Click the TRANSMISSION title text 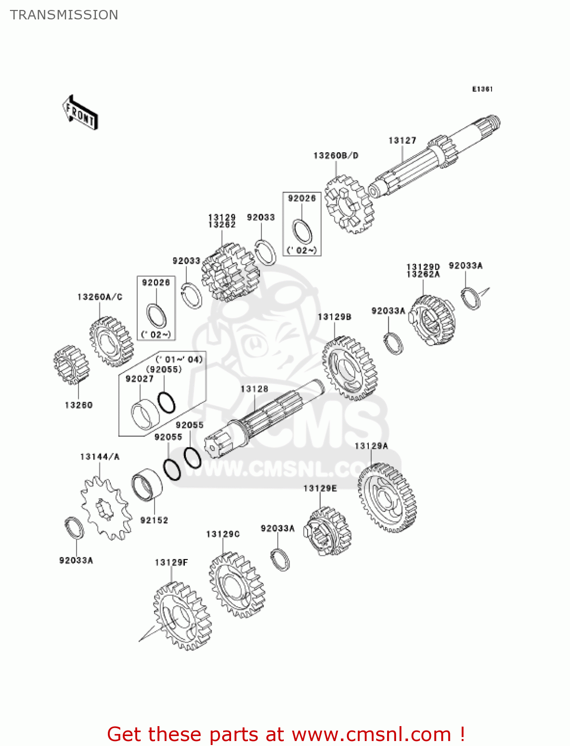tap(64, 15)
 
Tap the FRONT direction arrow tap(80, 113)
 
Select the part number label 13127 tap(402, 141)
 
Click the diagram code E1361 tap(482, 89)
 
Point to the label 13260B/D tap(335, 156)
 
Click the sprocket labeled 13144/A tap(106, 508)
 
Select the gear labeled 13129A tap(387, 497)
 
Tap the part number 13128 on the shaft tap(254, 389)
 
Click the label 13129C tap(223, 534)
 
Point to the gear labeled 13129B tap(349, 368)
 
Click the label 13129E tap(320, 488)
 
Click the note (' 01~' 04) tap(179, 360)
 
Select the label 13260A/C tap(99, 297)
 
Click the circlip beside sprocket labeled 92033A tap(75, 528)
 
